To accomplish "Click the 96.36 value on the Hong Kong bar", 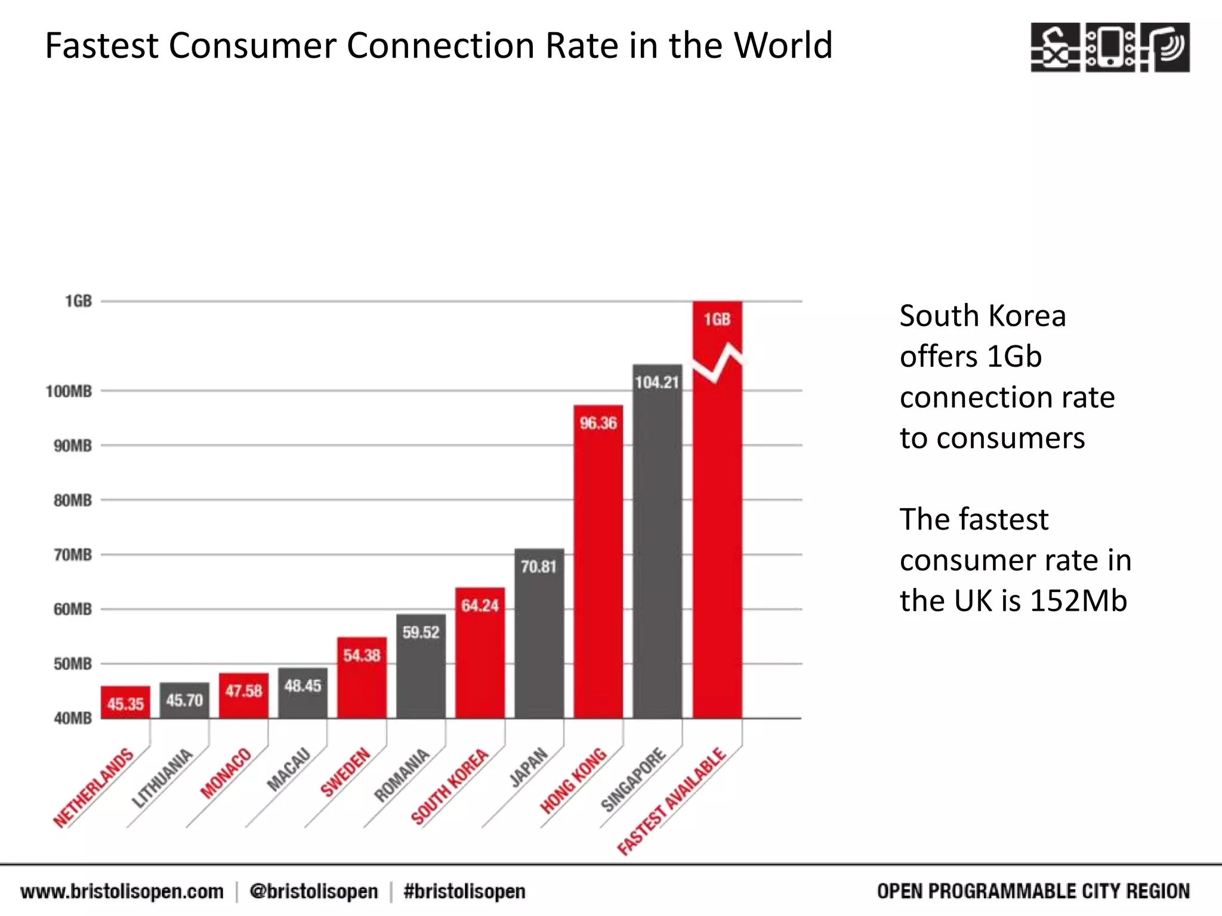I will click(x=598, y=423).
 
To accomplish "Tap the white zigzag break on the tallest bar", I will click(x=718, y=364).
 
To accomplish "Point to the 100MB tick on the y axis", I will click(x=69, y=392).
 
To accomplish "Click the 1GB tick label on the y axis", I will click(x=79, y=301).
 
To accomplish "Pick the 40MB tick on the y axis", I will click(x=73, y=718).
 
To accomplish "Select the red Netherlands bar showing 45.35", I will click(x=125, y=703).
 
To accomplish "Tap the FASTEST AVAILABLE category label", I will click(x=672, y=801).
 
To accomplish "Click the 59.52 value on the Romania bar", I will click(x=421, y=633).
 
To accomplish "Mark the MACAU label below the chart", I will click(x=289, y=769).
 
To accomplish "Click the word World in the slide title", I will click(x=783, y=46).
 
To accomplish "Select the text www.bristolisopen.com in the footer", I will click(x=122, y=892).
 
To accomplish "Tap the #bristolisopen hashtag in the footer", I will click(x=464, y=892).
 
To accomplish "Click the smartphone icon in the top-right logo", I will click(x=1110, y=47).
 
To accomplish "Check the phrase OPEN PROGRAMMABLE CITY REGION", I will click(x=1033, y=892).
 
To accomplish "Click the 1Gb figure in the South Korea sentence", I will click(x=1014, y=357).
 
